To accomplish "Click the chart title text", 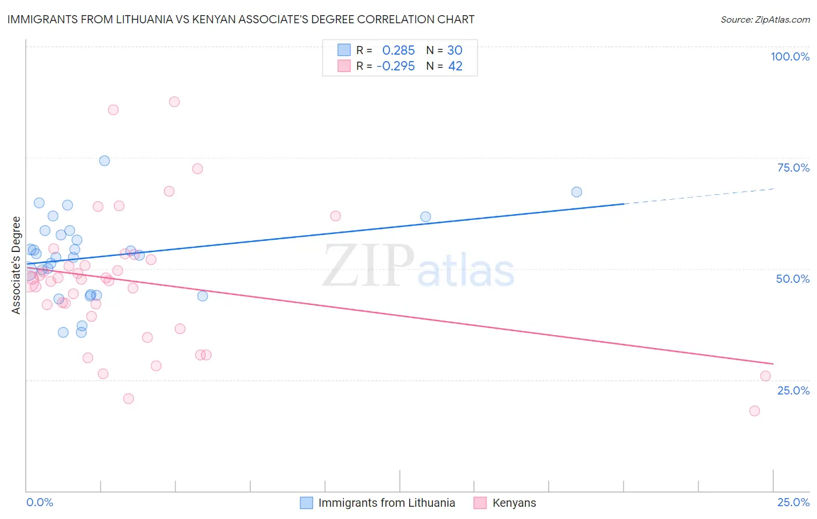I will click(241, 19).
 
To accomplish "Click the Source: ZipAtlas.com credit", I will click(765, 19).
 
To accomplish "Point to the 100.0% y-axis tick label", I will click(790, 56).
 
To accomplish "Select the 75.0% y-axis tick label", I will click(793, 168).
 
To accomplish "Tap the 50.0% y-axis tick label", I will click(793, 279).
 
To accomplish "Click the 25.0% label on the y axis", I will click(793, 390).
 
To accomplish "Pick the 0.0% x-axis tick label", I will click(40, 502).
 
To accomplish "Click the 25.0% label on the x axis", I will click(793, 502).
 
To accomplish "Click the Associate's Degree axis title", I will click(16, 265).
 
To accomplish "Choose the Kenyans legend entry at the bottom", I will click(514, 503).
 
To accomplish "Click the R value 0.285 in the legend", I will click(398, 50).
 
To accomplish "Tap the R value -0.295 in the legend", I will click(395, 66).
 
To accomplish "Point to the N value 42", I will click(455, 66).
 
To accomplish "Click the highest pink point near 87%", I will click(174, 102).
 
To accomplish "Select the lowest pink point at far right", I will click(754, 411).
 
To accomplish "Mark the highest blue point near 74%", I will click(105, 161).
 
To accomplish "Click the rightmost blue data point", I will click(576, 192).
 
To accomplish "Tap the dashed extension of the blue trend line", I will click(697, 196).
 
